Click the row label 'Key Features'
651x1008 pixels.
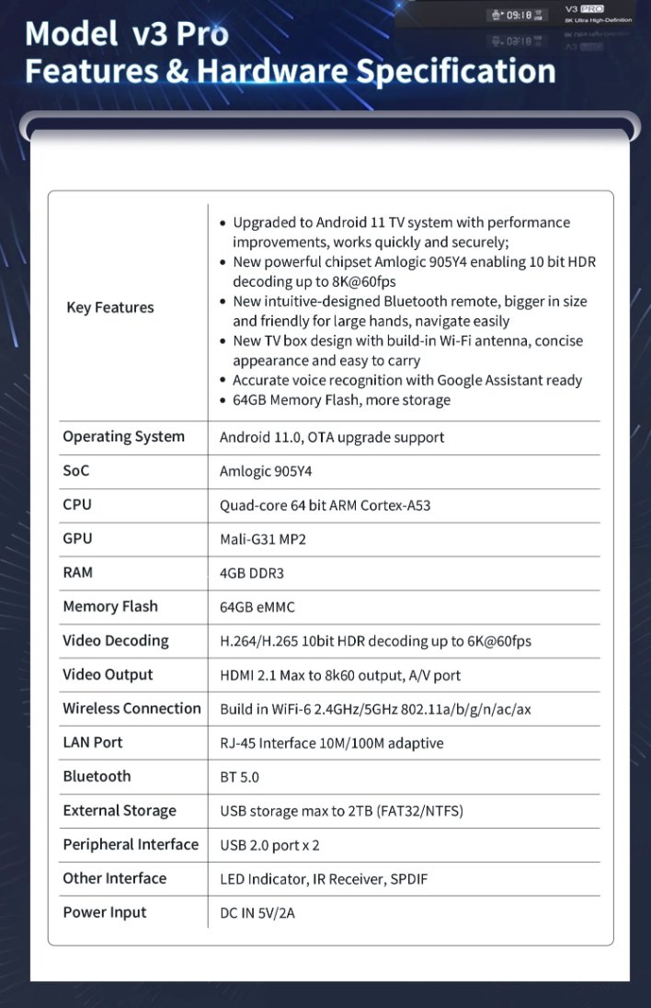pyautogui.click(x=109, y=308)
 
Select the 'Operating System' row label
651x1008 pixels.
pyautogui.click(x=123, y=437)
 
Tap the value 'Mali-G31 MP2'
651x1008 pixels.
pyautogui.click(x=262, y=540)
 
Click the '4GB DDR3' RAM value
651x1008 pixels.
pyautogui.click(x=251, y=573)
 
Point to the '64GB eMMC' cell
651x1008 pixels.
pyautogui.click(x=257, y=607)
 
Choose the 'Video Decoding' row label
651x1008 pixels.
pyautogui.click(x=116, y=641)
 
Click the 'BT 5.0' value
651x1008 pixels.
pyautogui.click(x=239, y=777)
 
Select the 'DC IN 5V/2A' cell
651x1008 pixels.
pyautogui.click(x=257, y=913)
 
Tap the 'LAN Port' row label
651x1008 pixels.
pyautogui.click(x=93, y=742)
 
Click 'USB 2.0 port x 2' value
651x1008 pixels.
pyautogui.click(x=269, y=845)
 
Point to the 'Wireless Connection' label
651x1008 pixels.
pyautogui.click(x=131, y=708)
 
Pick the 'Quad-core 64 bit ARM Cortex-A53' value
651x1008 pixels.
pyautogui.click(x=325, y=506)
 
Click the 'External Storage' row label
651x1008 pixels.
pyautogui.click(x=120, y=811)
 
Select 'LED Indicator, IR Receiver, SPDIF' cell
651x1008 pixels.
pyautogui.click(x=324, y=879)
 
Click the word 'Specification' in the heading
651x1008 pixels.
pyautogui.click(x=455, y=71)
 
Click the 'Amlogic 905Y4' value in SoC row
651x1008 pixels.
pyautogui.click(x=258, y=472)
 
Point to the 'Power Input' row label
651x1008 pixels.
pyautogui.click(x=105, y=912)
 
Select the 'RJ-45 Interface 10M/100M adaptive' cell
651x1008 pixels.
pyautogui.click(x=331, y=743)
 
